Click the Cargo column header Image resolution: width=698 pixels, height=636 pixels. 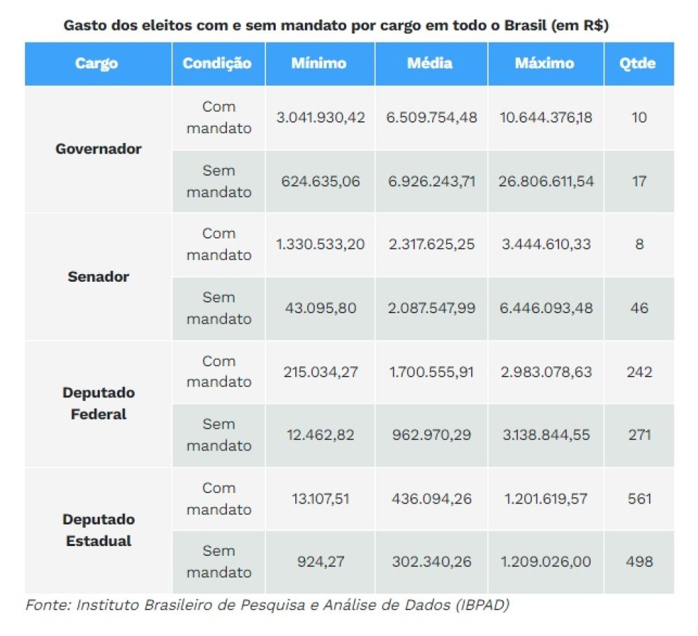96,63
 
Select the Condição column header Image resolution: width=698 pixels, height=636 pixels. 217,63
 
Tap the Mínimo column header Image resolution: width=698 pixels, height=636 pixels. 318,63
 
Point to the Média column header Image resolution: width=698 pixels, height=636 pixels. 430,63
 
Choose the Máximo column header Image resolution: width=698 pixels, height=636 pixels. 544,63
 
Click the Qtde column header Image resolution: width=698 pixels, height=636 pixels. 638,63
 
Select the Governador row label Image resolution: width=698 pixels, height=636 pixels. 98,149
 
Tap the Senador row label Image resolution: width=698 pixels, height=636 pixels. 98,276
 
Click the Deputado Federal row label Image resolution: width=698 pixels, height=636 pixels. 98,403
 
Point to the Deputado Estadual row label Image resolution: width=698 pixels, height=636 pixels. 98,530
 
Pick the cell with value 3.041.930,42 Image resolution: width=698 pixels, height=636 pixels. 320,117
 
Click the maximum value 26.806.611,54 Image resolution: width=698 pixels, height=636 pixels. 547,181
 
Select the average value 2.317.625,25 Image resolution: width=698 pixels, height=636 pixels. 431,245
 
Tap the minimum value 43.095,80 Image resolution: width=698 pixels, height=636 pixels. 320,308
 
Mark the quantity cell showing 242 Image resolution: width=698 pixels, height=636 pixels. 639,372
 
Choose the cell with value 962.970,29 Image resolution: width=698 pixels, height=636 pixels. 431,435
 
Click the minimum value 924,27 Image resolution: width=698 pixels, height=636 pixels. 320,561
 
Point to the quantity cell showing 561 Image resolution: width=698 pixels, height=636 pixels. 639,499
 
